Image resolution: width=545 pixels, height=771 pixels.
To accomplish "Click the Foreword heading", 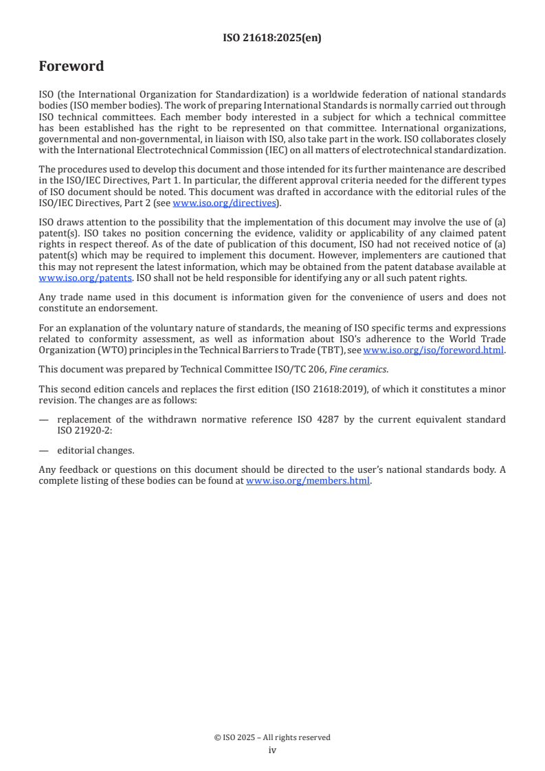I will click(x=71, y=67).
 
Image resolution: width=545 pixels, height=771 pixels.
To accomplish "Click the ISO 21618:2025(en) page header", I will click(x=272, y=38).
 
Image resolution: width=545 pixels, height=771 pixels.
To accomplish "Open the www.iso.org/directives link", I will click(x=223, y=203).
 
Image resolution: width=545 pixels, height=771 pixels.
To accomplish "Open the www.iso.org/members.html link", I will click(x=308, y=481).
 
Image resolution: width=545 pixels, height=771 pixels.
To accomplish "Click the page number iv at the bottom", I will click(x=272, y=750).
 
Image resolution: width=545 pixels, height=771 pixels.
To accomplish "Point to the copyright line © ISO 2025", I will click(x=272, y=737).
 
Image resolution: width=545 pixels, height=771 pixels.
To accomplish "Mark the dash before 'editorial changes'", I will click(x=43, y=451).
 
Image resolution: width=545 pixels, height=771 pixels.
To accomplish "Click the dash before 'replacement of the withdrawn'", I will click(x=43, y=419).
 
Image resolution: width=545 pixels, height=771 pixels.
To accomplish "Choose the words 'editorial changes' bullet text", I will click(x=96, y=451).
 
